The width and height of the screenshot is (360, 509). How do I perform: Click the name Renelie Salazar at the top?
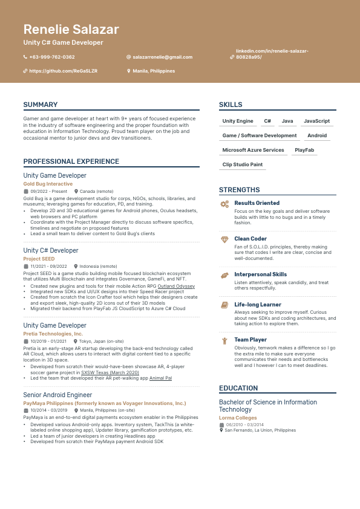(x=71, y=30)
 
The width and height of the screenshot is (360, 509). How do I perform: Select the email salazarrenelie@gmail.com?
(x=162, y=57)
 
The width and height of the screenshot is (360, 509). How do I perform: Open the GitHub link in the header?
(x=63, y=71)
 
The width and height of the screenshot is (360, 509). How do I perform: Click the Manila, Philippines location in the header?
(x=154, y=71)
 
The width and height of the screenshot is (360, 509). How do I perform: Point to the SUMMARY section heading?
(x=41, y=105)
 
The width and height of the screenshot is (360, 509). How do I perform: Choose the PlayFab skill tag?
(x=304, y=150)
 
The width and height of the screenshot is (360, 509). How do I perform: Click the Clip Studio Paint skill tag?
(x=243, y=164)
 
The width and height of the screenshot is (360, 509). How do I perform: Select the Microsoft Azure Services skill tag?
(x=253, y=150)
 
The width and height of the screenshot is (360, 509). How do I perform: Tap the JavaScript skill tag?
(x=316, y=121)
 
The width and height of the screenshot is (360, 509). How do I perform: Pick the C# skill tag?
(x=267, y=121)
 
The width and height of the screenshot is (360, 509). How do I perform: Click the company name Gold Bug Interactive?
(x=48, y=184)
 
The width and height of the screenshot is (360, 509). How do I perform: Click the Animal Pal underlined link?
(x=161, y=378)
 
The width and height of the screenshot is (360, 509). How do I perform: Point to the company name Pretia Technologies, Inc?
(x=53, y=334)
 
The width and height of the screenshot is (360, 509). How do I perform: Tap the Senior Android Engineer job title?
(x=57, y=395)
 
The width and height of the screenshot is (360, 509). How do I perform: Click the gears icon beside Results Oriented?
(x=224, y=204)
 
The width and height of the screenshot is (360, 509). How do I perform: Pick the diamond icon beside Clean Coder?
(x=224, y=239)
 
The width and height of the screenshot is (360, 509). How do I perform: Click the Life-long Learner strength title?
(x=258, y=305)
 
